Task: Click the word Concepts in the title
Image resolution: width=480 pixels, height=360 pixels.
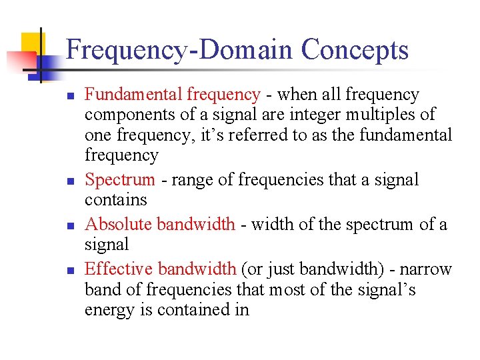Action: coord(355,51)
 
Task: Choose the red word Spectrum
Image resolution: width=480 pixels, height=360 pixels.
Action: coord(120,180)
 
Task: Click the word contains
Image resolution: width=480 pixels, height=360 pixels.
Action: coord(115,200)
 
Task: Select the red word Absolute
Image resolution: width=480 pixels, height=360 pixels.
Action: coord(117,224)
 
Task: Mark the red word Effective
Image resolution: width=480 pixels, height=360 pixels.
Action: coord(119,269)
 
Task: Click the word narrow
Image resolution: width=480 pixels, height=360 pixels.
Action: coord(427,269)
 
